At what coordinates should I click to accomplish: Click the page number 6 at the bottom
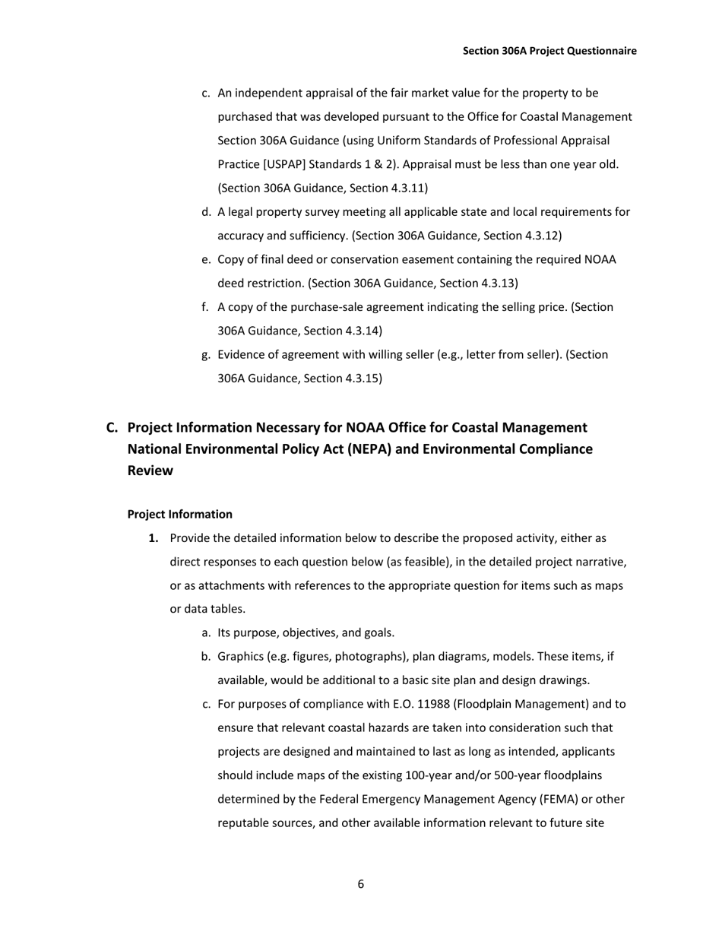(x=360, y=884)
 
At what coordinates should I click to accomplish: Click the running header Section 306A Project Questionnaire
(x=549, y=51)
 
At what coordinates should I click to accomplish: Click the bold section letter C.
(x=112, y=428)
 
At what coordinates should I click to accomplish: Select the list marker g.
(x=205, y=355)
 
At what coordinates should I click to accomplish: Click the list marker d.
(x=205, y=212)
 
